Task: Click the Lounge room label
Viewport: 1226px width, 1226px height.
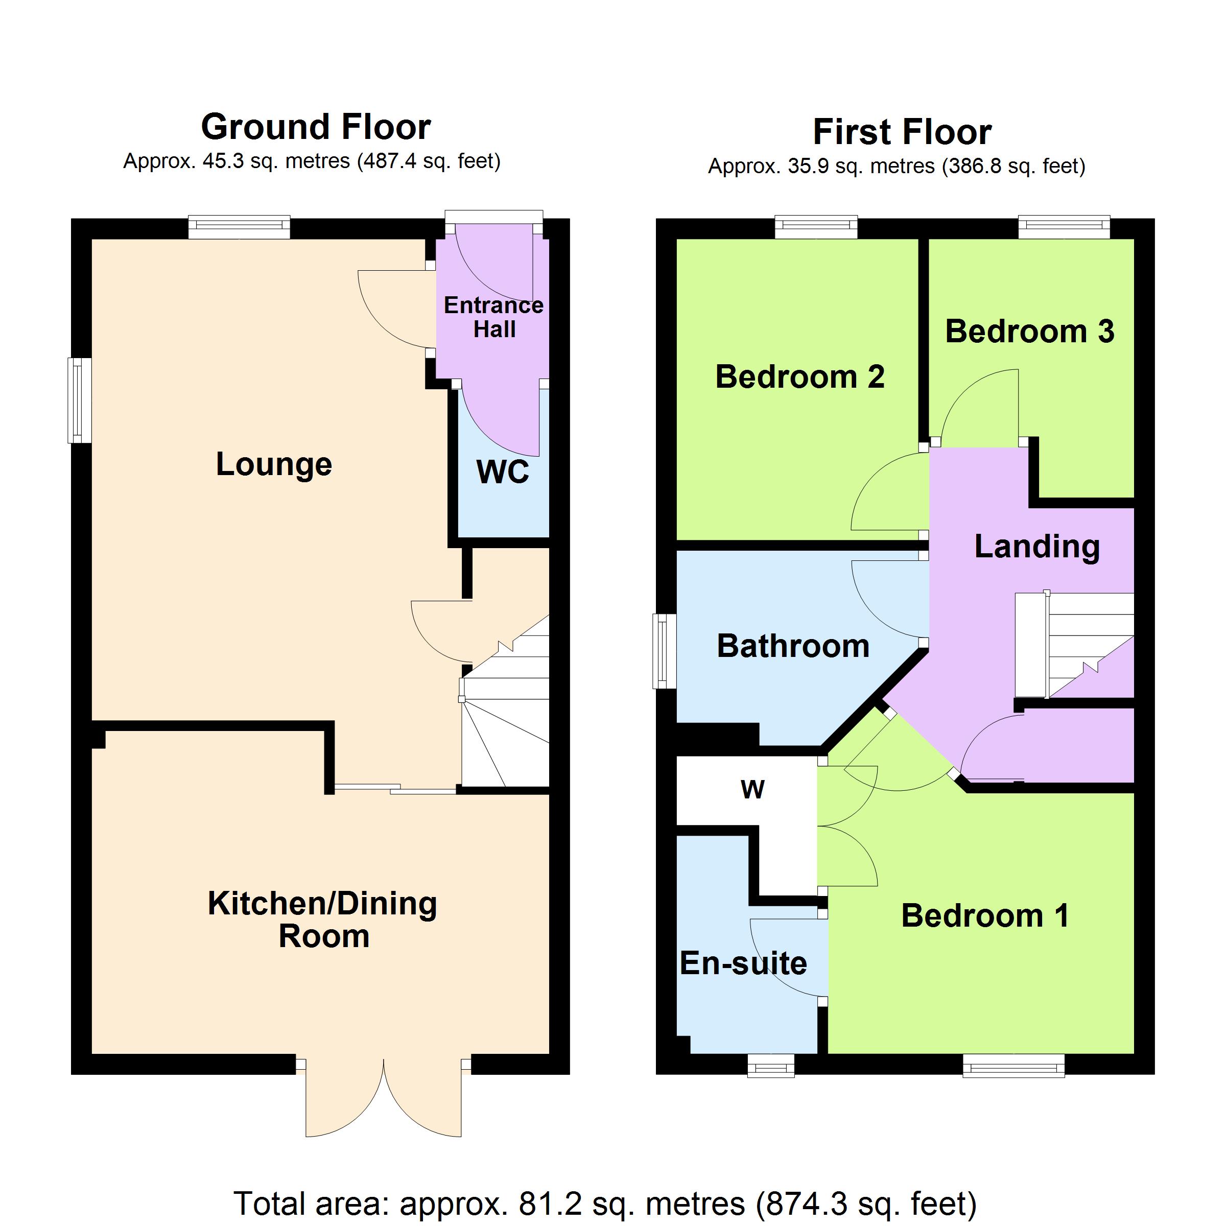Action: click(x=274, y=464)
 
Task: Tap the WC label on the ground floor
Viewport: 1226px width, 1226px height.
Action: click(x=503, y=471)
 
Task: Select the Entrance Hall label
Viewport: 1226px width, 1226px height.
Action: click(x=493, y=317)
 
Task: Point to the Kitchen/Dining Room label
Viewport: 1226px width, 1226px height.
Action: click(x=323, y=919)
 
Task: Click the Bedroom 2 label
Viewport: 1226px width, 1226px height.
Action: click(x=799, y=377)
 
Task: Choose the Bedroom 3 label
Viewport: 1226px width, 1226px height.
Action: click(x=1029, y=331)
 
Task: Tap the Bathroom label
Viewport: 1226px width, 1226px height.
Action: click(x=793, y=646)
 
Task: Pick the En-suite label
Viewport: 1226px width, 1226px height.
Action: click(x=743, y=963)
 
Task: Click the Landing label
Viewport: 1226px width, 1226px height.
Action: click(x=1037, y=547)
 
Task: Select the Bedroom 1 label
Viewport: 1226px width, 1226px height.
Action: click(x=985, y=916)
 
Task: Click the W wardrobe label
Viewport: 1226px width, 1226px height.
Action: click(x=752, y=789)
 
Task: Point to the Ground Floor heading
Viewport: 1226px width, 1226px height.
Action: click(x=316, y=127)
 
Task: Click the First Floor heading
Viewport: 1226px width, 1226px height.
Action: click(x=902, y=132)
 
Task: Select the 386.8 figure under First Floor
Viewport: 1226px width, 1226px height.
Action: click(x=969, y=166)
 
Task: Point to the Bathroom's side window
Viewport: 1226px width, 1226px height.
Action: click(x=665, y=651)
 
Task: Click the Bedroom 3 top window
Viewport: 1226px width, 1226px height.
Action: click(x=1064, y=227)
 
